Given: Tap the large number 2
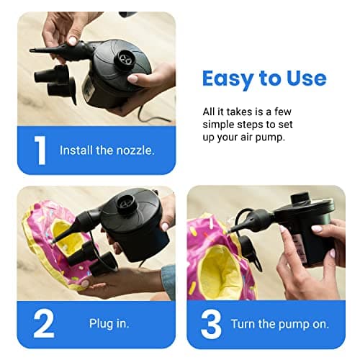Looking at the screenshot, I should pos(43,324).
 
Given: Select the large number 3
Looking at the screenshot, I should pos(211,324).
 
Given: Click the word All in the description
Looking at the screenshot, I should pos(210,112).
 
